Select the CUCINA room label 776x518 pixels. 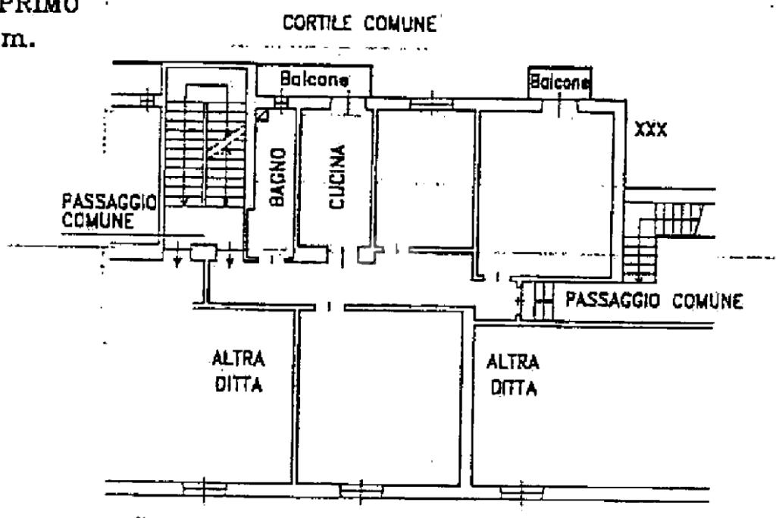(x=336, y=177)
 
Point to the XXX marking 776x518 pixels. (x=650, y=130)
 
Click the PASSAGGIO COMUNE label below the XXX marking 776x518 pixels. (x=653, y=300)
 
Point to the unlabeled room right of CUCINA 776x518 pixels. (x=424, y=178)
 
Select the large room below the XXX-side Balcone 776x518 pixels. (x=547, y=186)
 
